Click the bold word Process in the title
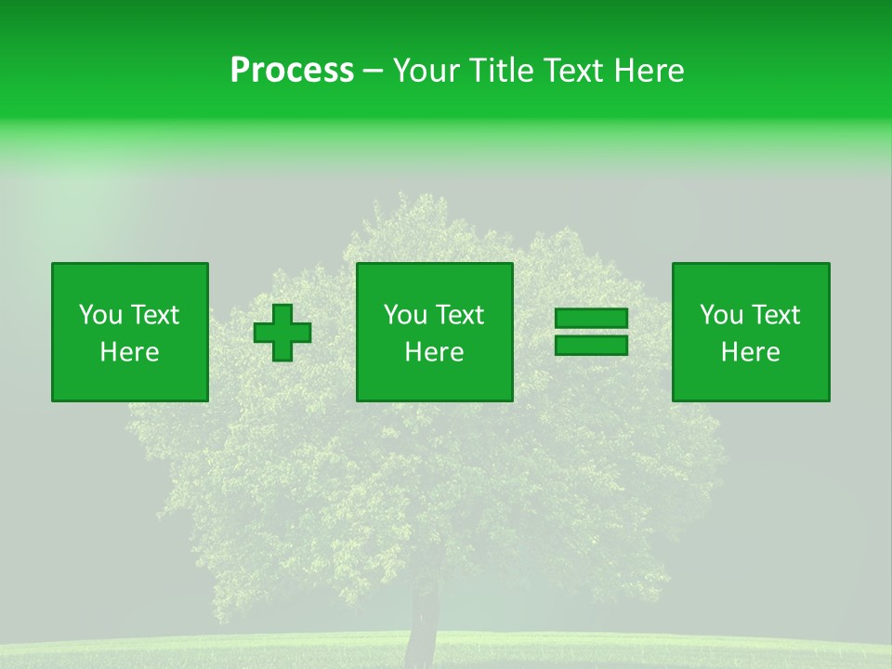pyautogui.click(x=292, y=71)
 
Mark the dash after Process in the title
pyautogui.click(x=373, y=72)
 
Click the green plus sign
pyautogui.click(x=282, y=333)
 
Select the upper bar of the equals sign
pyautogui.click(x=591, y=319)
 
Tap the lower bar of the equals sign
pyautogui.click(x=591, y=346)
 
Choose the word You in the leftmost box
pyautogui.click(x=99, y=315)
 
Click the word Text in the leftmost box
pyautogui.click(x=153, y=315)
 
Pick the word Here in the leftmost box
pyautogui.click(x=129, y=352)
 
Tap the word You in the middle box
pyautogui.click(x=404, y=315)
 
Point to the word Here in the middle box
pyautogui.click(x=434, y=352)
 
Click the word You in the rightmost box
pyautogui.click(x=720, y=315)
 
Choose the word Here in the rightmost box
pyautogui.click(x=750, y=352)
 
